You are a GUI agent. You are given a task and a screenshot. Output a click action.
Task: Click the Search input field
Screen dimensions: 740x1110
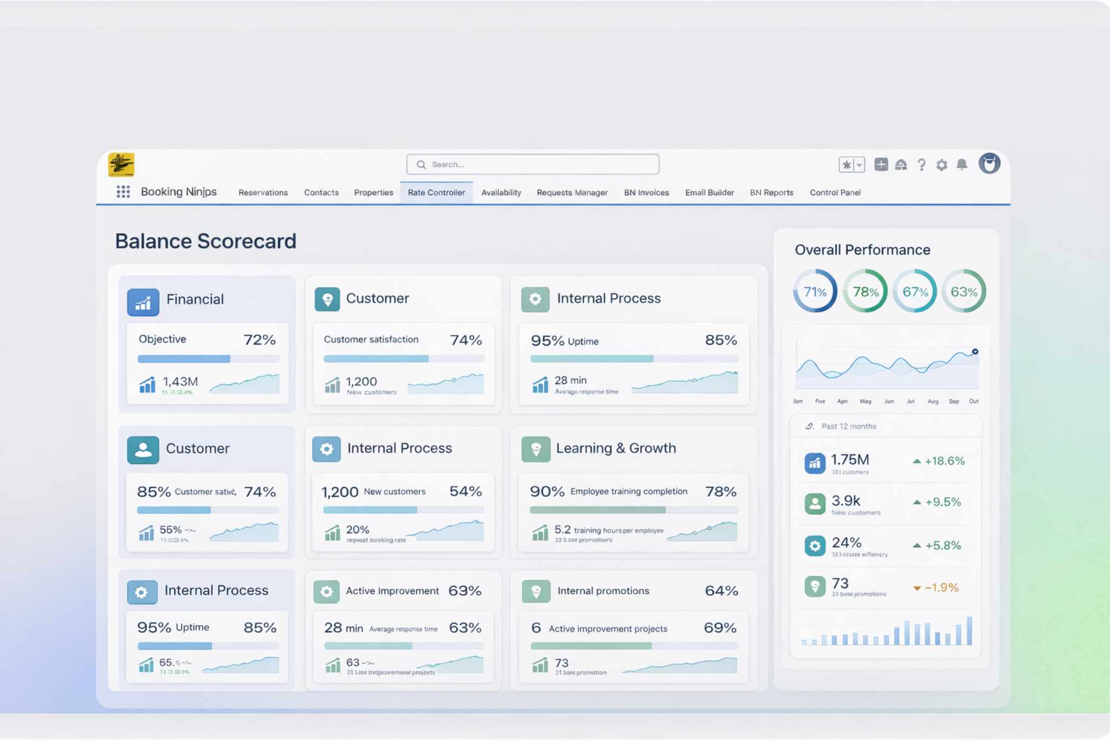coord(533,164)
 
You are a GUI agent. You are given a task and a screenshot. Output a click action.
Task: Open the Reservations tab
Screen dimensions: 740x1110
coord(263,192)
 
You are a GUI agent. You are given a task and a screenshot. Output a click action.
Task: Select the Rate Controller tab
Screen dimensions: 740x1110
coord(436,192)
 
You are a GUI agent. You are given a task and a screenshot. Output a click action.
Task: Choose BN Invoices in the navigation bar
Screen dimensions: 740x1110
coord(646,192)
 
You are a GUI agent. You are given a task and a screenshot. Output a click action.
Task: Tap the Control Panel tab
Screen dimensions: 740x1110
coord(835,192)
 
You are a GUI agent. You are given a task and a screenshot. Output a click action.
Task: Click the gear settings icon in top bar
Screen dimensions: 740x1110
coord(942,165)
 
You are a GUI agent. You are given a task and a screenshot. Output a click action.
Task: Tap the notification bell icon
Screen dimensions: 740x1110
coord(962,164)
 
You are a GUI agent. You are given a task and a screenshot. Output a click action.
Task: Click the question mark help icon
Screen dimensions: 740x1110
coord(921,165)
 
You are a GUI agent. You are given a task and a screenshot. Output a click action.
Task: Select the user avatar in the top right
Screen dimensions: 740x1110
coord(989,163)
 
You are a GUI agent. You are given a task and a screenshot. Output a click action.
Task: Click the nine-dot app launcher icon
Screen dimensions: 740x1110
coord(123,192)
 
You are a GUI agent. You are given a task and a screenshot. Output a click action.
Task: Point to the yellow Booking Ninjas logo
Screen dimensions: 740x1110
coord(121,165)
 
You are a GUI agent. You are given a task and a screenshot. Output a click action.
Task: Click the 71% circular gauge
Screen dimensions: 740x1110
coord(815,292)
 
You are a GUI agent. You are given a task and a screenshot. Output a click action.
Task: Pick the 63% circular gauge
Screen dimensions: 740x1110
coord(964,292)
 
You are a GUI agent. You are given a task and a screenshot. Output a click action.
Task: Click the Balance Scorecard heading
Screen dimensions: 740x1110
coord(205,241)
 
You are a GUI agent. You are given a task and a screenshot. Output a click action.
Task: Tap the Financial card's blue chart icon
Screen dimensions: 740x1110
coord(143,303)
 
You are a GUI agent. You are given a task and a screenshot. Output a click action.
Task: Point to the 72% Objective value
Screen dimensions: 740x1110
coord(260,340)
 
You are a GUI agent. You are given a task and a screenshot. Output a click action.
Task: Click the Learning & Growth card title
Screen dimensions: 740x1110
coord(616,448)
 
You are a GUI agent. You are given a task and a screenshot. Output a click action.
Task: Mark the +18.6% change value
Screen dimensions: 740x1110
coord(944,461)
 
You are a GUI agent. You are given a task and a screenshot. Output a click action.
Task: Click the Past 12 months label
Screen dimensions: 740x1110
coord(849,427)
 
